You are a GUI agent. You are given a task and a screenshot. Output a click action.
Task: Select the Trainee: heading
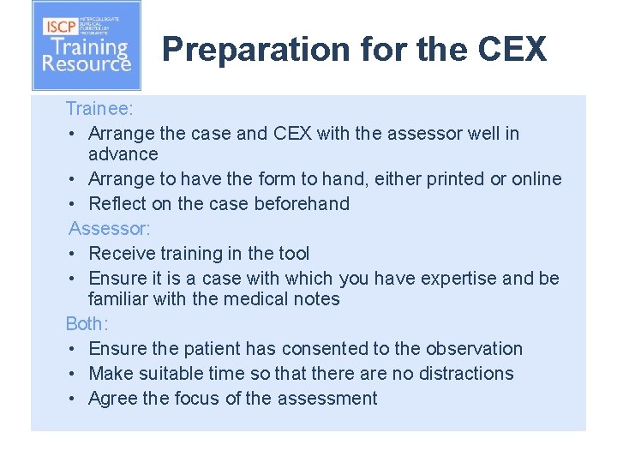click(99, 109)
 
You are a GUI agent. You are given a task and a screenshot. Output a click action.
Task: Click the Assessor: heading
click(104, 228)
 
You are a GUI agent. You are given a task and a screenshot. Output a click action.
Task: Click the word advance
click(123, 154)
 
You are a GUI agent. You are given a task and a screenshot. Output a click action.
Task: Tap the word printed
click(445, 179)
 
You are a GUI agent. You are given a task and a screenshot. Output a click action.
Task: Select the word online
click(536, 179)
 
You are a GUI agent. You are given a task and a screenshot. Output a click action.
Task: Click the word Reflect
click(117, 204)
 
